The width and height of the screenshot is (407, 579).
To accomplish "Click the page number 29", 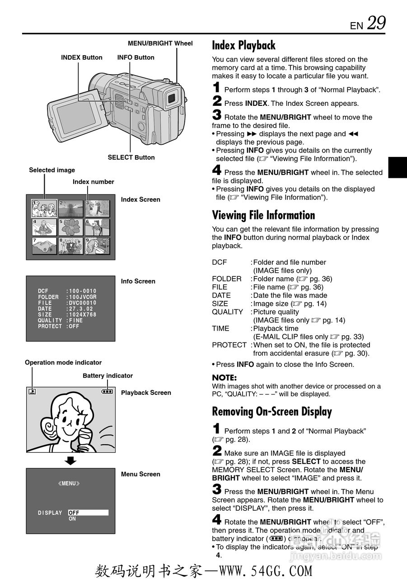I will [376, 23].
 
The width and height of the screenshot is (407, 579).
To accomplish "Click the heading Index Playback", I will [243, 45].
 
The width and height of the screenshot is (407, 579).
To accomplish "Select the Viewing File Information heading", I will [263, 215].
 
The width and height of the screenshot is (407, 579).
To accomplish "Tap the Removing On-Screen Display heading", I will [272, 412].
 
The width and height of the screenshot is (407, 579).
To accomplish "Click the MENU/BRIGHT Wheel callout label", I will [160, 43].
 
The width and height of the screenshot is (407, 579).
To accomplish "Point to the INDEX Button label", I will [82, 57].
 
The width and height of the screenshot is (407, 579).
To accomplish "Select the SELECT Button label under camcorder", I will [131, 157].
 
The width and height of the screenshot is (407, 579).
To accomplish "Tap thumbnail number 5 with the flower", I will [70, 228].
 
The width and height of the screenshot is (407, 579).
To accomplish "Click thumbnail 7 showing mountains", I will [44, 246].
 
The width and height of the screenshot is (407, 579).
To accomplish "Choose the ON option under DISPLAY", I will [72, 519].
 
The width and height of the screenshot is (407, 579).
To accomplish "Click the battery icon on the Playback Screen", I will [107, 392].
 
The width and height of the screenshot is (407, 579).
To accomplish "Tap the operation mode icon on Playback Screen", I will [32, 392].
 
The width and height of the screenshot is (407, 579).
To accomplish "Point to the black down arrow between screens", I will [70, 461].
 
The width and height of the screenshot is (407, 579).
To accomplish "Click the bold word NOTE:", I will [224, 378].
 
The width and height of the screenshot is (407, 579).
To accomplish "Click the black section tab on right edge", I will [397, 167].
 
